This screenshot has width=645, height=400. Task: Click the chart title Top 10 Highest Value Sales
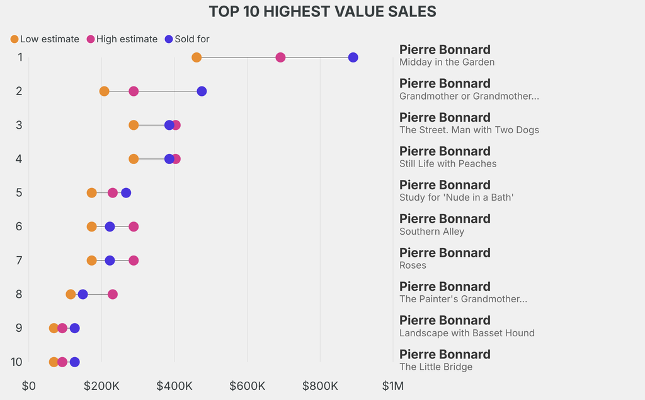pos(322,11)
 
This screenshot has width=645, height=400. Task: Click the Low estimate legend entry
pos(45,39)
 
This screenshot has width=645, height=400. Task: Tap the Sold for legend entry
pos(186,39)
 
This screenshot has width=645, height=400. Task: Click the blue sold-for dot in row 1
pos(353,57)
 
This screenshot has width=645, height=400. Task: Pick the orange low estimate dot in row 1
pos(197,57)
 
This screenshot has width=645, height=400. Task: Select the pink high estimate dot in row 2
pos(134,91)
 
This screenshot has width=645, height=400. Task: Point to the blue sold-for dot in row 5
pos(126,193)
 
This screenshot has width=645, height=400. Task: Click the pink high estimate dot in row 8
pos(113,294)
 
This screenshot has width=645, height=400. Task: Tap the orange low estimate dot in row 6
pos(92,226)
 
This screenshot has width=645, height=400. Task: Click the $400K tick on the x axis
pos(174,385)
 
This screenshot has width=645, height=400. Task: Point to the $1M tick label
pos(393,385)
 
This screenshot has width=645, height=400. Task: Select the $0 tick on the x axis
pos(29,385)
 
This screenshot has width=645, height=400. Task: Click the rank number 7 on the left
pos(20,260)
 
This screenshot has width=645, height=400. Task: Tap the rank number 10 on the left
pos(17,362)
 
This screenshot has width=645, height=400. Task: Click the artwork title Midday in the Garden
pos(447,62)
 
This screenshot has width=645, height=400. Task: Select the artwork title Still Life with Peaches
pos(448,164)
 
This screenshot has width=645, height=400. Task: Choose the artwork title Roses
pos(413,266)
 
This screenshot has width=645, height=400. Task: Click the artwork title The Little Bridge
pos(436,367)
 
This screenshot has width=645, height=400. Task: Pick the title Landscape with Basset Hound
pos(467,333)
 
